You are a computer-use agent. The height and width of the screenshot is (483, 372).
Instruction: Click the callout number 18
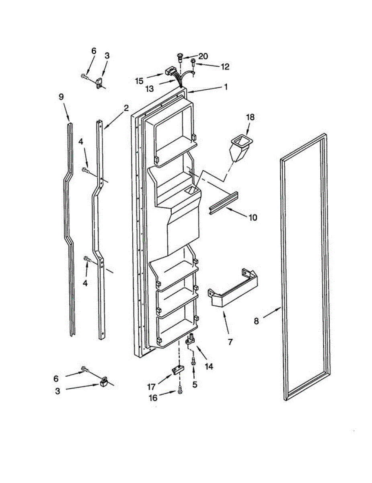251,117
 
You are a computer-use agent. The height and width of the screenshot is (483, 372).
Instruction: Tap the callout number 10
253,218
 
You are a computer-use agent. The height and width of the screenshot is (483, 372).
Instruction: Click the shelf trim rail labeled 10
224,203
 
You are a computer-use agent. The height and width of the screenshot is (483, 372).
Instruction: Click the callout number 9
61,97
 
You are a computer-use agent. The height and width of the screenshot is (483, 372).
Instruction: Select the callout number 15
139,81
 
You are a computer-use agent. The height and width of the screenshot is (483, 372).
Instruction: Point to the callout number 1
226,87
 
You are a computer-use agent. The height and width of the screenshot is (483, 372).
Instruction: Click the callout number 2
126,108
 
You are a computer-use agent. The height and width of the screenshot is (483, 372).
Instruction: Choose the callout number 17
151,387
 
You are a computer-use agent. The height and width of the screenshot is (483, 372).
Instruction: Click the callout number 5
195,384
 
